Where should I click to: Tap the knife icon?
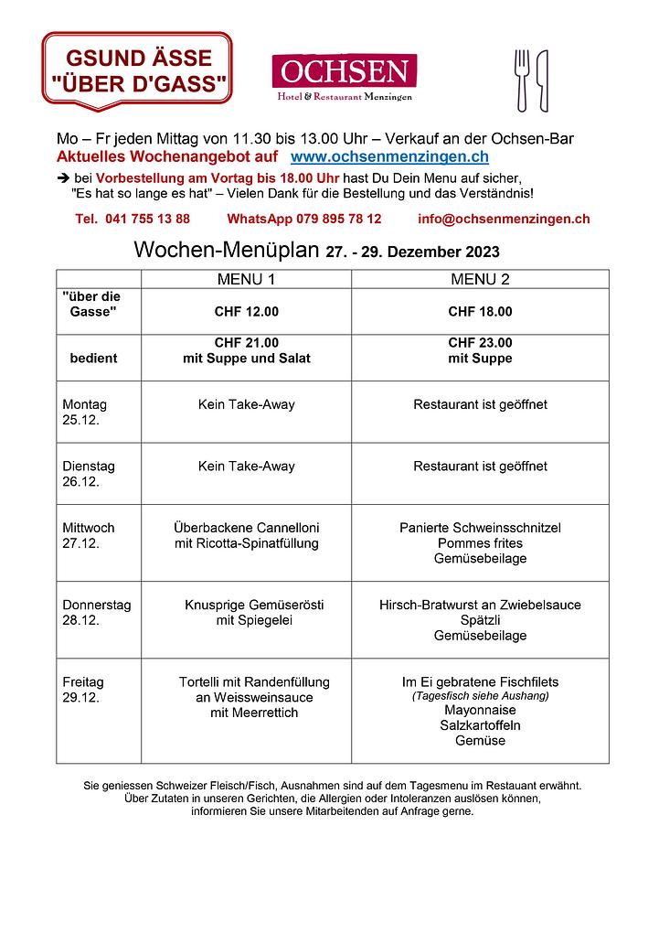pyautogui.click(x=542, y=80)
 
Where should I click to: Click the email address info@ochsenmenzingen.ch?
pyautogui.click(x=504, y=219)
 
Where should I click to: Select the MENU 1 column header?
pyautogui.click(x=246, y=279)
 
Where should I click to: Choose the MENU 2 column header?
pyautogui.click(x=480, y=279)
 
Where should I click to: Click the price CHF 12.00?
pyautogui.click(x=246, y=312)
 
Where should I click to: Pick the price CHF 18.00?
pyautogui.click(x=480, y=312)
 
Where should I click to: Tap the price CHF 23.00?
pyautogui.click(x=480, y=343)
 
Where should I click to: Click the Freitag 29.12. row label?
pyautogui.click(x=83, y=689)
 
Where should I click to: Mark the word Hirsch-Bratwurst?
pyautogui.click(x=429, y=605)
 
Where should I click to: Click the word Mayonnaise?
pyautogui.click(x=480, y=710)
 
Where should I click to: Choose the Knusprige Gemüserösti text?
pyautogui.click(x=254, y=605)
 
